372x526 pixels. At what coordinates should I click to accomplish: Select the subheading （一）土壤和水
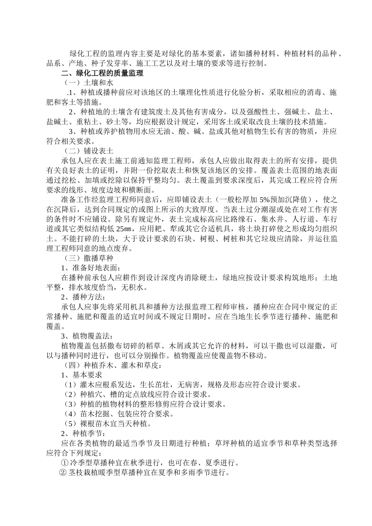88,83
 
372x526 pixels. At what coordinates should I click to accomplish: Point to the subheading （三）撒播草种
88,258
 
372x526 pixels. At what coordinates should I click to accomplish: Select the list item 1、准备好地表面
89,268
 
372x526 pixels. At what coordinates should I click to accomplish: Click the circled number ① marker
65,463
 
